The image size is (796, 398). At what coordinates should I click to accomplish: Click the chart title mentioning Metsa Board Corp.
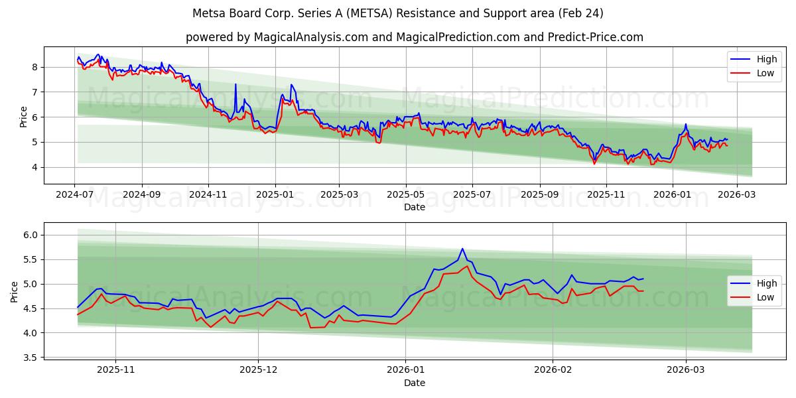[397, 13]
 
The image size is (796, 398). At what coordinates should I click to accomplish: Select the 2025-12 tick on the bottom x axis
[259, 370]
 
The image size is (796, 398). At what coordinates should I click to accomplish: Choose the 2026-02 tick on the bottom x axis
[553, 370]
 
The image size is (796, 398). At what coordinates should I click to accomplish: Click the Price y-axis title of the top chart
[24, 116]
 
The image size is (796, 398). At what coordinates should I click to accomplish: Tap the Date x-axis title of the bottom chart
[415, 383]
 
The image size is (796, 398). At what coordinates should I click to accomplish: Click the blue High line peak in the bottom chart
[462, 249]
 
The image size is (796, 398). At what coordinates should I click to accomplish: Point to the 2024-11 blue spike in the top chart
[235, 84]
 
